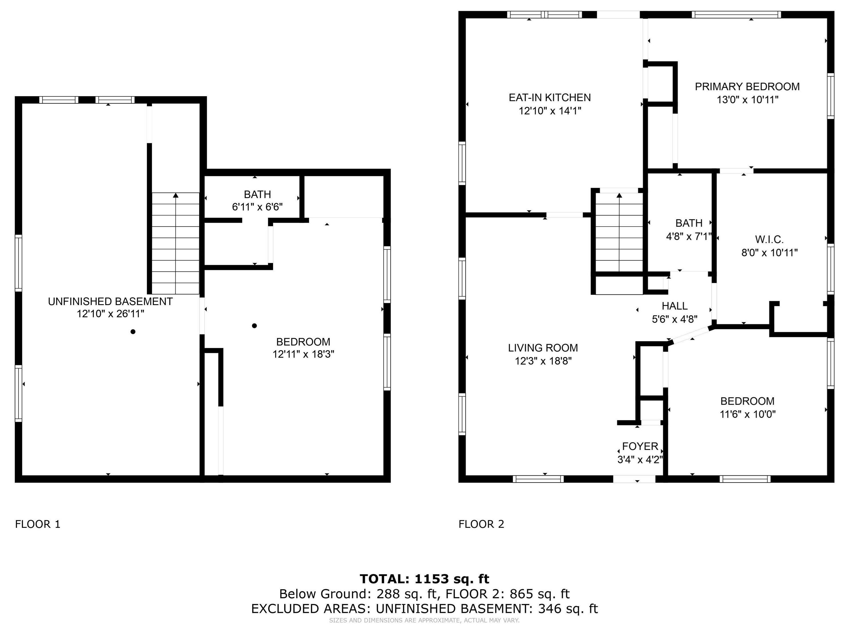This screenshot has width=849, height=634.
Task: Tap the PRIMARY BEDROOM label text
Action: point(747,87)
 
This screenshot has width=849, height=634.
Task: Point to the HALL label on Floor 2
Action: point(674,306)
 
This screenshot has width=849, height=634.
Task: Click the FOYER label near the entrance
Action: point(640,446)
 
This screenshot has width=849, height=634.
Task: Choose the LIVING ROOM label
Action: point(543,348)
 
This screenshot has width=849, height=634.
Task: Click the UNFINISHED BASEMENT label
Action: point(110,302)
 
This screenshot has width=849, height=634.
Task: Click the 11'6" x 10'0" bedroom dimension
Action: point(747,414)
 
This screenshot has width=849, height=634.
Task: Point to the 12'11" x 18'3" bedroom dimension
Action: point(303,354)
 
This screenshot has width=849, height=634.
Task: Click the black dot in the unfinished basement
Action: point(133,332)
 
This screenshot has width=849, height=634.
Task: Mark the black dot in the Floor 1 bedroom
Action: point(254,326)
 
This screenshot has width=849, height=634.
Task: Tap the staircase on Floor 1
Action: point(176,243)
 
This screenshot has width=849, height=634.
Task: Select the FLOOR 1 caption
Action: point(38,524)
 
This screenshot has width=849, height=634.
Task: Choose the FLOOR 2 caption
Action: point(481,524)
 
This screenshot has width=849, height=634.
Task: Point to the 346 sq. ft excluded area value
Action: point(568,609)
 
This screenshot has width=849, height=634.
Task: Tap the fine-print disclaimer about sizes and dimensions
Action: point(424,620)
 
